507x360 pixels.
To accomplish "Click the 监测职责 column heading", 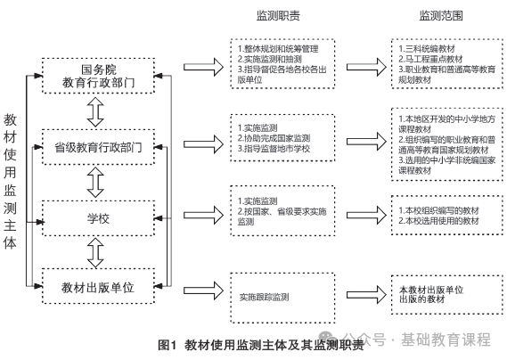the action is [x=278, y=15].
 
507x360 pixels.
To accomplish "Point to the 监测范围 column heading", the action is [x=441, y=15].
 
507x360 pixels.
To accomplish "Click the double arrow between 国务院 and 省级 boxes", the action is [x=95, y=112].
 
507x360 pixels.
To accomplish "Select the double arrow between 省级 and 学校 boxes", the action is [x=95, y=183].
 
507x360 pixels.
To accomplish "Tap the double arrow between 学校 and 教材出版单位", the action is [x=95, y=252].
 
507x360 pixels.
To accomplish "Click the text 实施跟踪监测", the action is [x=264, y=297].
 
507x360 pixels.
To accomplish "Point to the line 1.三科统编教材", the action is [x=427, y=49].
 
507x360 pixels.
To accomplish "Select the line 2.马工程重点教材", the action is [x=430, y=59].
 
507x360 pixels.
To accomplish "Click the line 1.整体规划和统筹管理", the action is [x=278, y=49].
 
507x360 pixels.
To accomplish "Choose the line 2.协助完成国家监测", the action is [x=274, y=138].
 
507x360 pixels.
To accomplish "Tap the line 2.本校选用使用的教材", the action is [x=438, y=221].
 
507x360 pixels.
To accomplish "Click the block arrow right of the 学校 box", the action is [x=203, y=215].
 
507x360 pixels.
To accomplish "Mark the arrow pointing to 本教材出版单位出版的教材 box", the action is [x=366, y=294].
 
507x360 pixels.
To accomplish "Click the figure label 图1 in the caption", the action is [x=168, y=345].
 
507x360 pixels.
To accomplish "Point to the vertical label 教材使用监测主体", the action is [x=10, y=181].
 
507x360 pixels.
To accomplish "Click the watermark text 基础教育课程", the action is [x=446, y=340].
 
